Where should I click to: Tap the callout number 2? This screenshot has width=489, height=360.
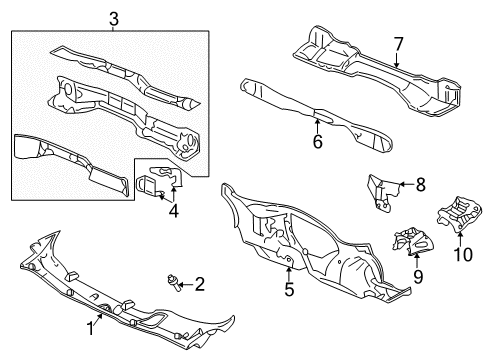coord(200,286)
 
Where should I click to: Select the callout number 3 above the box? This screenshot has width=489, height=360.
coord(114,19)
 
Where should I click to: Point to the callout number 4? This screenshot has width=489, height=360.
coord(173,211)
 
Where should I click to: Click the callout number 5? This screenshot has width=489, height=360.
coord(289,291)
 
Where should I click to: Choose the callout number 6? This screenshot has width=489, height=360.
coord(318,141)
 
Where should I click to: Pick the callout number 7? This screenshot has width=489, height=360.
coord(397,44)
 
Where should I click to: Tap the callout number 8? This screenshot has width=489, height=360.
coord(419,184)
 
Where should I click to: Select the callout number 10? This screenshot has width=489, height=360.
coord(462,255)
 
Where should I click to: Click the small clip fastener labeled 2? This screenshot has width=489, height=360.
coord(174,283)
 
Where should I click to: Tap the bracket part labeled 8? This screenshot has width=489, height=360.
coord(379,192)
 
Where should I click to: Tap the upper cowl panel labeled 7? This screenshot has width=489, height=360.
coord(370,65)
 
